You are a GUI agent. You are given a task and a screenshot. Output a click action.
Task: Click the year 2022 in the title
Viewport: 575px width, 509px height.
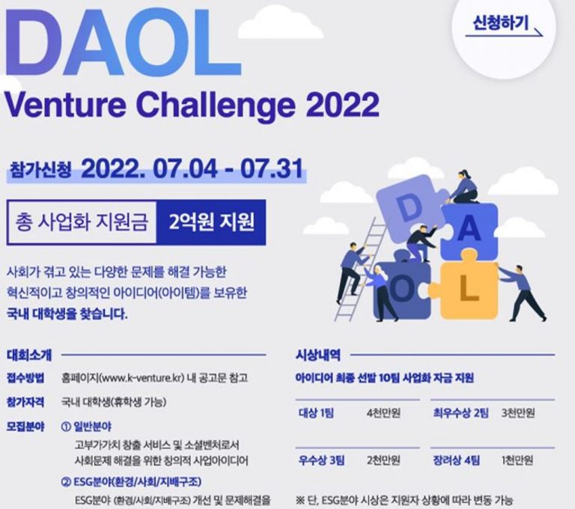point(342,105)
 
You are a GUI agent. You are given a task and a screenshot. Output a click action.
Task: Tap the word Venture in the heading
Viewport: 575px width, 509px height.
point(65,105)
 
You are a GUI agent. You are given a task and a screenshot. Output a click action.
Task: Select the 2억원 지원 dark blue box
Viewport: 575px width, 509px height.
point(211,222)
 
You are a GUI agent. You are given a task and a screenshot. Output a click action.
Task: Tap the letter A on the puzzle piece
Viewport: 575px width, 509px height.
point(469,230)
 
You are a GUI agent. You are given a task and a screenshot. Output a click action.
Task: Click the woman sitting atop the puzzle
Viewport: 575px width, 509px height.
point(464,186)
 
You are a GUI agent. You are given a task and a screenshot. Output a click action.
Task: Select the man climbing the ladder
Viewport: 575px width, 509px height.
point(351,268)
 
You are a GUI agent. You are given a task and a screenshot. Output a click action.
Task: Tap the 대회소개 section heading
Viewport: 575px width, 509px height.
point(29,355)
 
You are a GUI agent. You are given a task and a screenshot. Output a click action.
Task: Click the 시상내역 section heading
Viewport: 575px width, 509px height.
point(318,355)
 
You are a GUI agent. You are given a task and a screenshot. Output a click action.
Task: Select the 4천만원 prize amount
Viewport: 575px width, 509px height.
point(383,413)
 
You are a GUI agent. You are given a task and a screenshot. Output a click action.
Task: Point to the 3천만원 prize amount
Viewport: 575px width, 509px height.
point(518,413)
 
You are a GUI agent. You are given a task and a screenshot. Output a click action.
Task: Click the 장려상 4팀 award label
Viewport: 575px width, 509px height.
point(456,460)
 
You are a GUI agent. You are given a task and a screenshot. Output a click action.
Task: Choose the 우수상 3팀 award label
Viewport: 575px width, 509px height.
point(321,460)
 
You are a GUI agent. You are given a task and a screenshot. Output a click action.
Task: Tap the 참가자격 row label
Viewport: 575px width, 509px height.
point(25,402)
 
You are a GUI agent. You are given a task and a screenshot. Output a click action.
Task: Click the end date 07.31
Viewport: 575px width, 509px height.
point(272,169)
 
